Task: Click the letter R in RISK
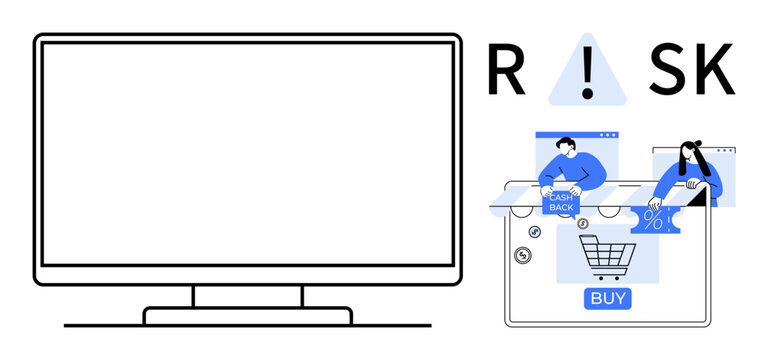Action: [x=505, y=71]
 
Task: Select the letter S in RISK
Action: [x=668, y=71]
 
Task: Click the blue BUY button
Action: [x=609, y=298]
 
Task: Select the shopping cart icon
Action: [x=604, y=257]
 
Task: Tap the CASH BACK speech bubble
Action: [x=561, y=203]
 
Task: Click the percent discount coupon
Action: [x=655, y=219]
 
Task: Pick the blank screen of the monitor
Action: [x=248, y=155]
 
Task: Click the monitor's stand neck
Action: [x=248, y=296]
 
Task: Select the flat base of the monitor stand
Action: [x=248, y=316]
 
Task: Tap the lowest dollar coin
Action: [x=522, y=256]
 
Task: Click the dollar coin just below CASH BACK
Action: [x=582, y=223]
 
